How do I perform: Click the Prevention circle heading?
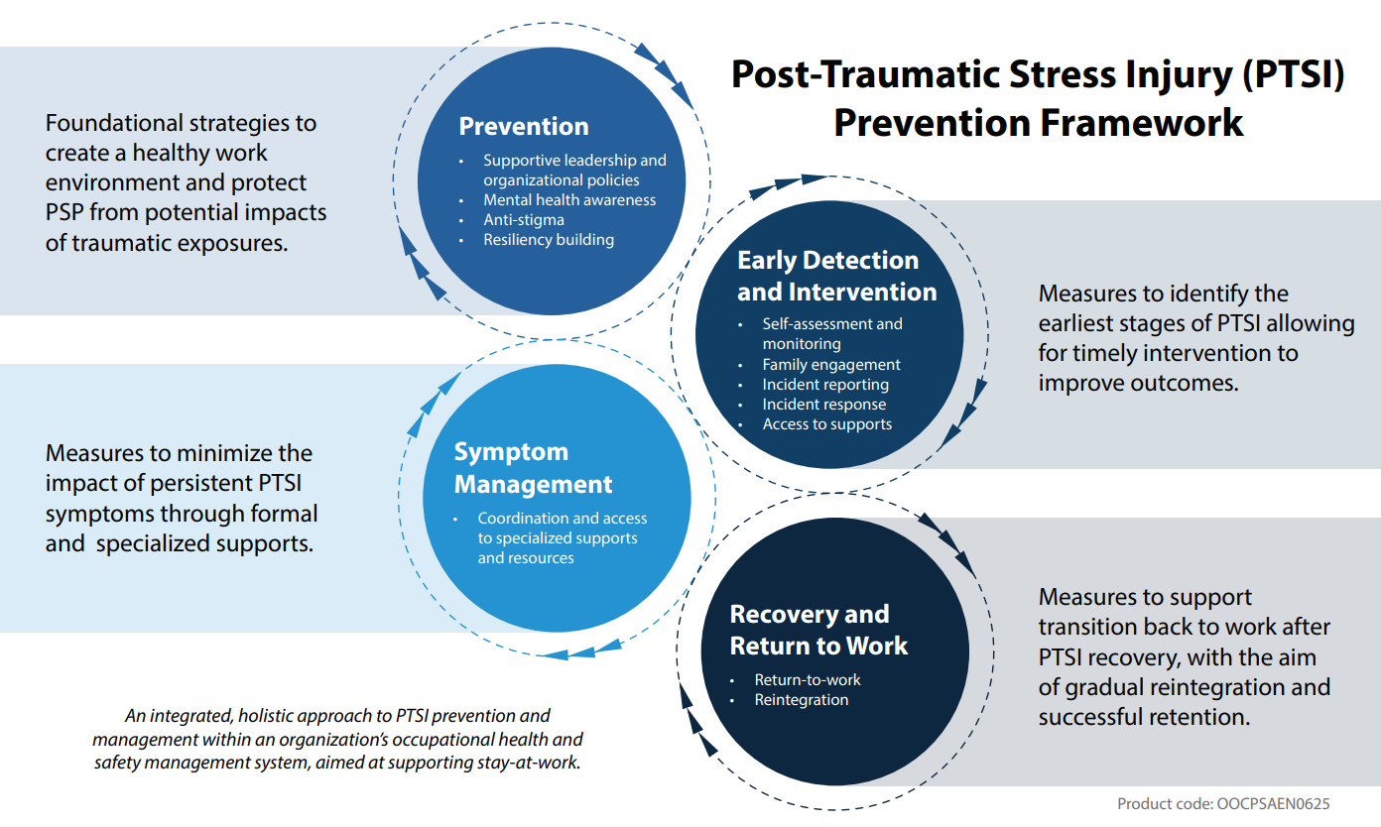(x=524, y=126)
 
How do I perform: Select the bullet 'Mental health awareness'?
(x=569, y=199)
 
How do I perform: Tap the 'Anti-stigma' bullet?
(x=523, y=219)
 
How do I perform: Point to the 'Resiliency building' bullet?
(x=548, y=239)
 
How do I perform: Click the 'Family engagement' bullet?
(x=831, y=364)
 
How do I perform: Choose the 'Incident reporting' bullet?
(x=825, y=384)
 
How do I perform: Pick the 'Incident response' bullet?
(x=824, y=404)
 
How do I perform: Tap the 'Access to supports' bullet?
(x=827, y=423)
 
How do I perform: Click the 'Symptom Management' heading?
(x=533, y=468)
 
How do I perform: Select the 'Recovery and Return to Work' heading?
(x=818, y=630)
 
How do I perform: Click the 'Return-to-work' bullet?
(x=808, y=679)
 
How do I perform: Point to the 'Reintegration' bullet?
(x=802, y=699)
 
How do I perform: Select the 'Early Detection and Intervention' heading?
(x=836, y=276)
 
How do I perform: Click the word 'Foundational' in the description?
(x=114, y=123)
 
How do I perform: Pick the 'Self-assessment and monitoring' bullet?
(x=832, y=333)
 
